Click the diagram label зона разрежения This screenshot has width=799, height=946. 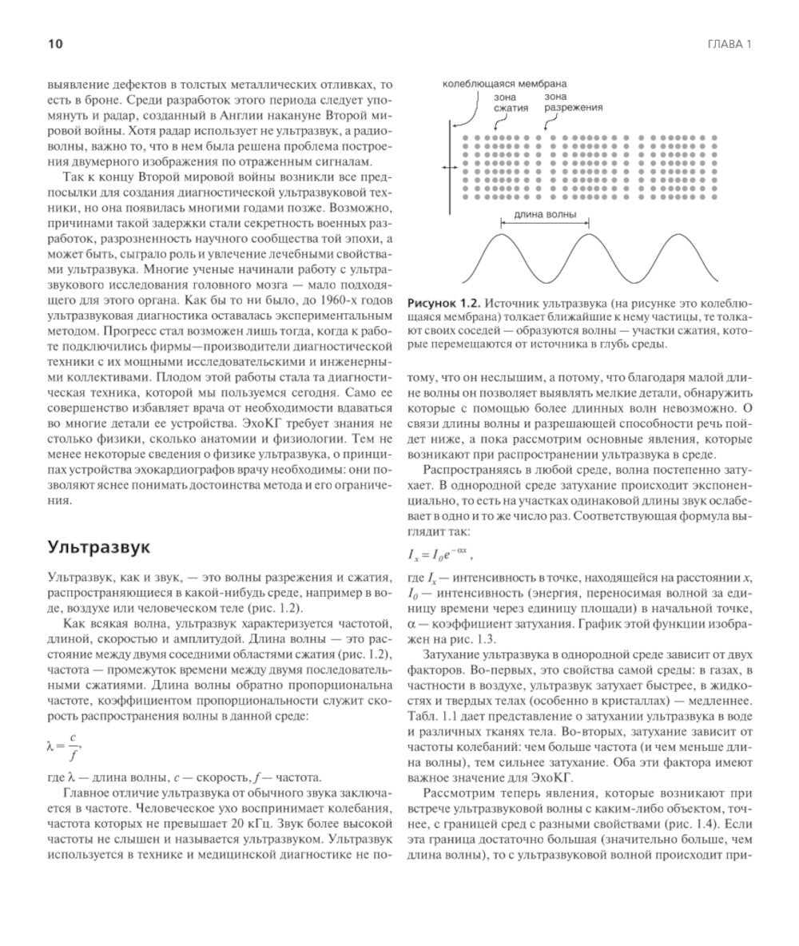[x=574, y=101]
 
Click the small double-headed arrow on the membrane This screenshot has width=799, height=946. [x=450, y=167]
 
